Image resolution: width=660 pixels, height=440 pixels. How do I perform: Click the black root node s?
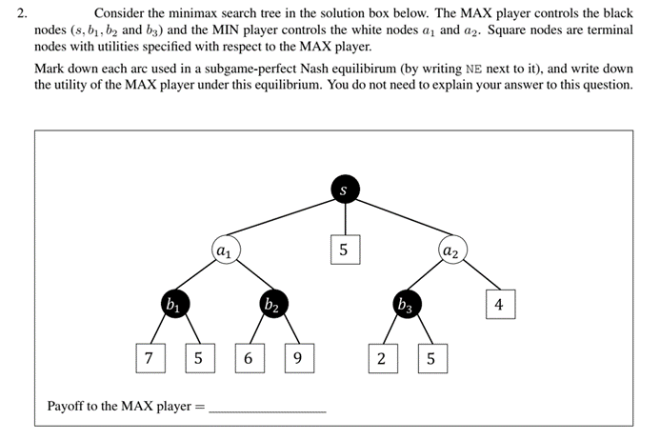[344, 190]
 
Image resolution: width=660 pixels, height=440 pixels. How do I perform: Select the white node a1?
[224, 250]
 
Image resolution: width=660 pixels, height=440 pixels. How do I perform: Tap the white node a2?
[451, 250]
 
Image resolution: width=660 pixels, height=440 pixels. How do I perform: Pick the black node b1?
[173, 305]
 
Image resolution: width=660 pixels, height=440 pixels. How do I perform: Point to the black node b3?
[407, 305]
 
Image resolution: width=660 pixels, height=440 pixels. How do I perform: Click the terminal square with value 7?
[148, 358]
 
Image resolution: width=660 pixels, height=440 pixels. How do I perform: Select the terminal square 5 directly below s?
[344, 250]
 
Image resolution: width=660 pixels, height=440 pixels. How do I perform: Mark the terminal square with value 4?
[499, 305]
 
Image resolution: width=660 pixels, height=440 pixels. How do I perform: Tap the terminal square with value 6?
[248, 358]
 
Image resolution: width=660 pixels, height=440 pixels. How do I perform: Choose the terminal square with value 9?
[298, 358]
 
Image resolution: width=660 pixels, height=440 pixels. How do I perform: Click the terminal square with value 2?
[381, 358]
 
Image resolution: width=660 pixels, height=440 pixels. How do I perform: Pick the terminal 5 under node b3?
[431, 358]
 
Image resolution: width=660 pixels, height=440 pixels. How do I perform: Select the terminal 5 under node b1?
[197, 358]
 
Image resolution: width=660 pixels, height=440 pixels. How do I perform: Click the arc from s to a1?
[284, 220]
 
